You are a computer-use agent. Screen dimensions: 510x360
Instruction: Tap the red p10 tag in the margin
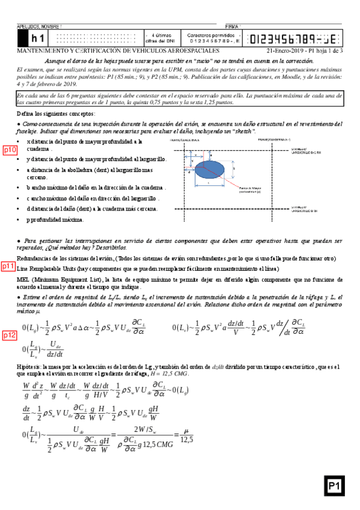pos(10,150)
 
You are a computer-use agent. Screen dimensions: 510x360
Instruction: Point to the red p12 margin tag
pos(10,336)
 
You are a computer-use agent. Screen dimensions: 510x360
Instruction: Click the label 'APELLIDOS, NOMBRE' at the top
pos(36,27)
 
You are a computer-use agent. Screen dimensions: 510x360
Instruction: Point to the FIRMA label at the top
pos(231,27)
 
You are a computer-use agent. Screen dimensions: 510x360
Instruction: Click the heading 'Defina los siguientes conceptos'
pos(55,113)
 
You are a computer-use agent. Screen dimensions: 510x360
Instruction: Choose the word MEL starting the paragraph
pos(23,280)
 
